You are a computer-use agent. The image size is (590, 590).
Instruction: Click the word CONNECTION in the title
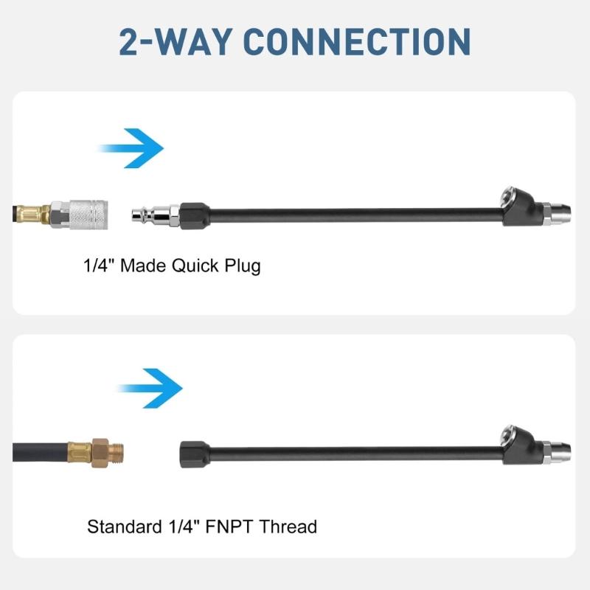pos(357,42)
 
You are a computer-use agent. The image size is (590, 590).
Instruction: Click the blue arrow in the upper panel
pos(131,148)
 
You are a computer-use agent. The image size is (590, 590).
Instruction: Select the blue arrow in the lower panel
pos(150,389)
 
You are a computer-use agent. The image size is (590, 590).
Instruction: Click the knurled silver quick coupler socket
pos(88,215)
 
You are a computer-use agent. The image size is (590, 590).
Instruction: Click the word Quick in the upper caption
pos(195,265)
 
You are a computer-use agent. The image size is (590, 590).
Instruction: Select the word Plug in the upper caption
pos(243,266)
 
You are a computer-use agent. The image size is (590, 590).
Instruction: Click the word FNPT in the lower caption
pos(229,527)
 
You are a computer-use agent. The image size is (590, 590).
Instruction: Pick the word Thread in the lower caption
pos(288,527)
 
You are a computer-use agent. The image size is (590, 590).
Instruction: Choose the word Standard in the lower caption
pos(125,527)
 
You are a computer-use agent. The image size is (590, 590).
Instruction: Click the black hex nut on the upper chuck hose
pos(194,215)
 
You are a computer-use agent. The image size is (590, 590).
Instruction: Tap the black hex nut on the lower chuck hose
pos(194,454)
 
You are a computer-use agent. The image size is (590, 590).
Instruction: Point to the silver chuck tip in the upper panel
pos(557,213)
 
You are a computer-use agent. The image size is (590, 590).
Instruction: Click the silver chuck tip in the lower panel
pos(557,453)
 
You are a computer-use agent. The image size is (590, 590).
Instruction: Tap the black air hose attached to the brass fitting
pos(41,452)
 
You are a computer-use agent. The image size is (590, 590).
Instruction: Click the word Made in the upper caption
pos(143,265)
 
